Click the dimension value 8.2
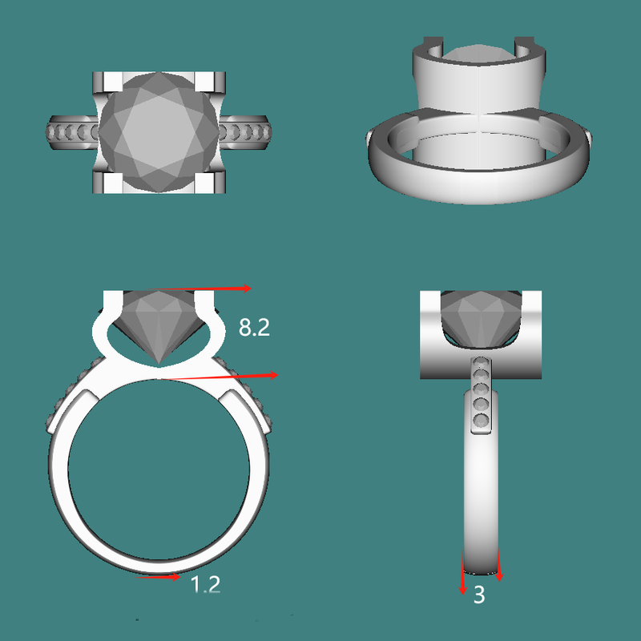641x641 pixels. point(254,327)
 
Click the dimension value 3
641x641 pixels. point(479,595)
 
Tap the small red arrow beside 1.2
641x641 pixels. point(159,576)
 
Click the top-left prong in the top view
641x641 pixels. point(106,82)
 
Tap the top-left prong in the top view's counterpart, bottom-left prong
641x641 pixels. point(106,183)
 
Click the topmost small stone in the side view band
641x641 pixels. point(480,361)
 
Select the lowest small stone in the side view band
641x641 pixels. point(480,421)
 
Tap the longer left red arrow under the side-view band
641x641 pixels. point(463,573)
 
